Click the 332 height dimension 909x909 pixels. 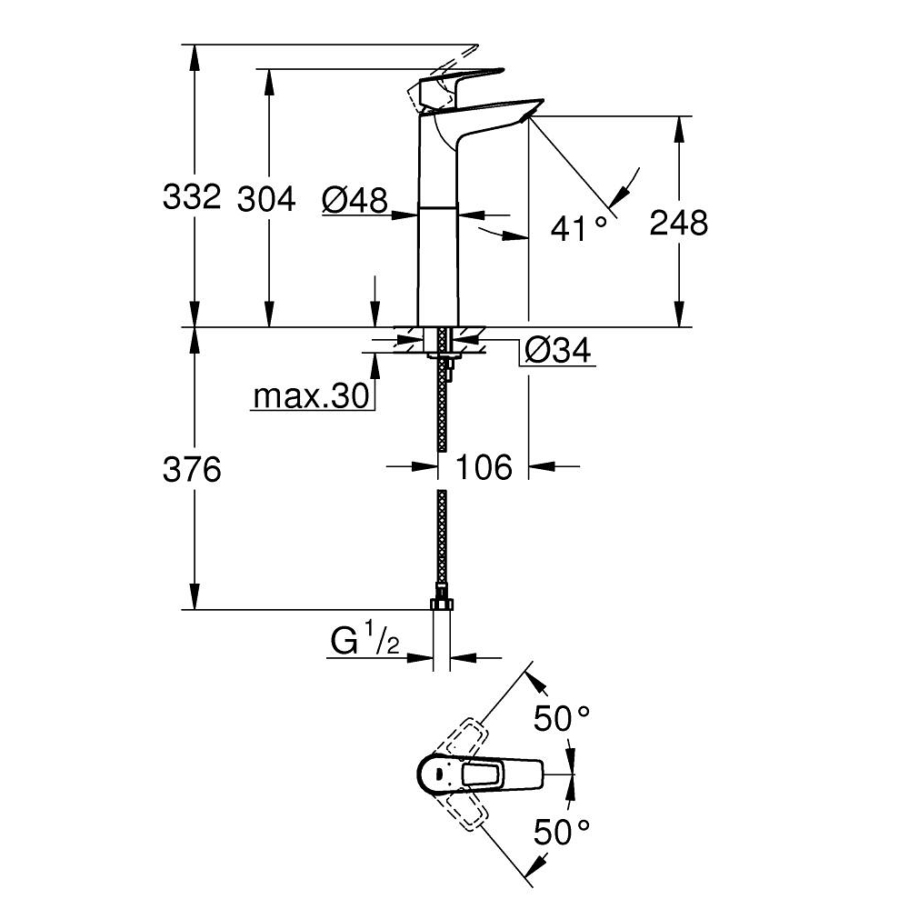(x=191, y=197)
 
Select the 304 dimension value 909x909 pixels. (x=266, y=197)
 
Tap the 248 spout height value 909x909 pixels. (x=678, y=222)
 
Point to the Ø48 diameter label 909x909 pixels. (x=355, y=198)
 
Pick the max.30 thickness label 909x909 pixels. (x=309, y=396)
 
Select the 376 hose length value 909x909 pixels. (x=192, y=470)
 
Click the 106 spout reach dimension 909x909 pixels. (x=484, y=467)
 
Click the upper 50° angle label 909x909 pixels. (x=562, y=720)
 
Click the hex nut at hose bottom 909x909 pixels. (x=442, y=605)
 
